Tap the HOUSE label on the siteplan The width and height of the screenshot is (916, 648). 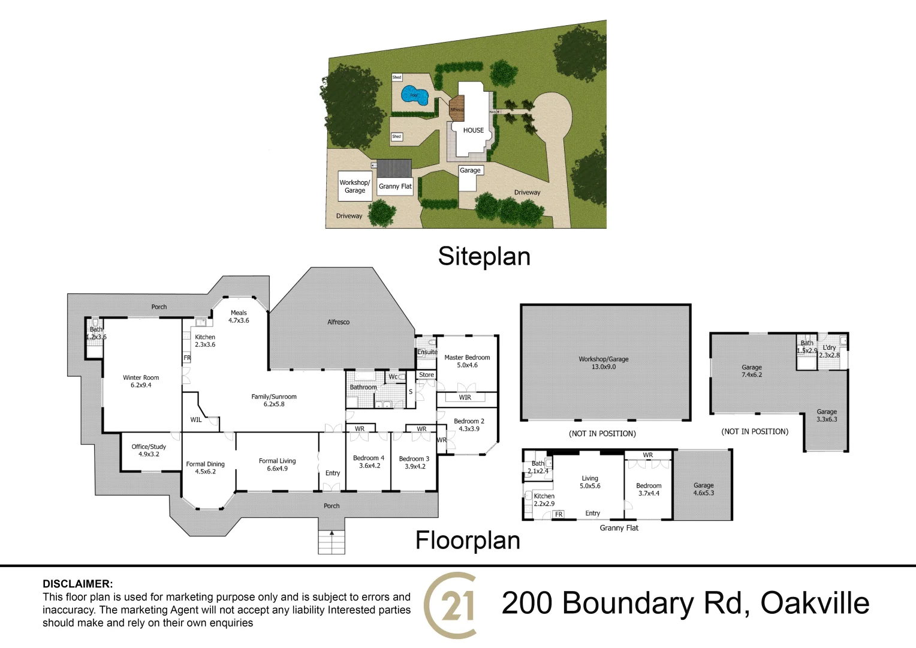click(x=473, y=130)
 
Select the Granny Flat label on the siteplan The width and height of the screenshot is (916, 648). click(x=395, y=187)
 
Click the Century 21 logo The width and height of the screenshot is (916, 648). click(x=451, y=605)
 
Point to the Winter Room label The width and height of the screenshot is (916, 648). click(x=141, y=382)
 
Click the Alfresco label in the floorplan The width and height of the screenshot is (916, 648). click(x=338, y=322)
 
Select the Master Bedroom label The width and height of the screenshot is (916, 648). click(x=467, y=361)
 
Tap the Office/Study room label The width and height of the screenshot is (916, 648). click(x=149, y=451)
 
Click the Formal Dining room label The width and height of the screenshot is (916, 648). click(x=205, y=467)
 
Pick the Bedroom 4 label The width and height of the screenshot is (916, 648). click(x=369, y=461)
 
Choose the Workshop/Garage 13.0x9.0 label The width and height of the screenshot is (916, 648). click(x=603, y=363)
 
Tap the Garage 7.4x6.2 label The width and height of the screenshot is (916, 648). click(x=751, y=371)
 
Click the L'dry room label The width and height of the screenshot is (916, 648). click(x=830, y=351)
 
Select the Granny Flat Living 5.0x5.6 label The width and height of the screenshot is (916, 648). click(x=590, y=482)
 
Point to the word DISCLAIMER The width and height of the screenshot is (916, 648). click(x=77, y=584)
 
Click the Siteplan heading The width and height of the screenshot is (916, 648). click(x=484, y=256)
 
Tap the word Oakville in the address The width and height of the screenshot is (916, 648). click(x=815, y=603)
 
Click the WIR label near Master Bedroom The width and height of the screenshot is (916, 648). click(x=465, y=397)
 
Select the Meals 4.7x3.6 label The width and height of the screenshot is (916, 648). click(x=239, y=316)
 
